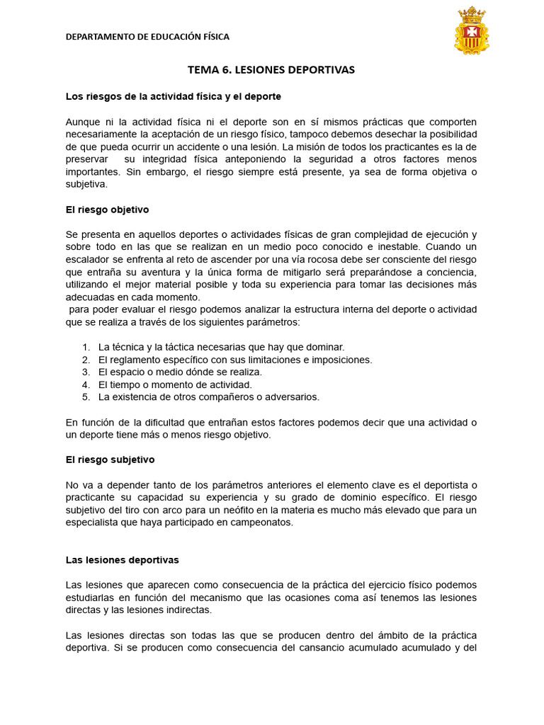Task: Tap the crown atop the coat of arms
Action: (x=471, y=13)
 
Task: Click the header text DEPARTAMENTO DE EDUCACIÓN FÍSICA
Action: (x=147, y=37)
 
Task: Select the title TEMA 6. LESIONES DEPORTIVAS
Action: (x=271, y=70)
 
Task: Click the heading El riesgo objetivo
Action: (x=107, y=210)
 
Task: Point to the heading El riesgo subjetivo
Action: (x=110, y=459)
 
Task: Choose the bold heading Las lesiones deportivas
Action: (x=122, y=560)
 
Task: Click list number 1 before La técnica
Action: (x=86, y=347)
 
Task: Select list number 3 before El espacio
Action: (x=86, y=372)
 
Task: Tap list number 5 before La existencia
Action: (x=86, y=396)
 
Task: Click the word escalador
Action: (x=87, y=259)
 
